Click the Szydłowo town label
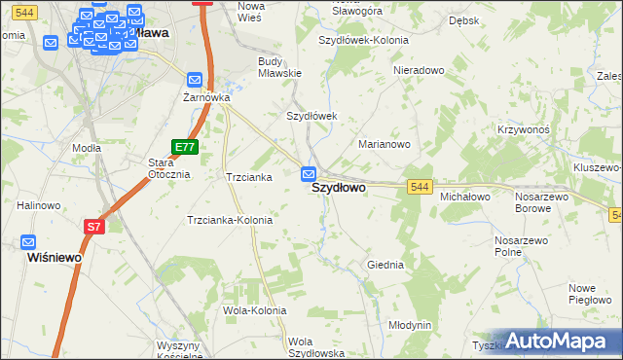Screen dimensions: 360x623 (339, 190)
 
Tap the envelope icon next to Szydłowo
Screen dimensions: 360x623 (309, 174)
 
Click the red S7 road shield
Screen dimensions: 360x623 (93, 227)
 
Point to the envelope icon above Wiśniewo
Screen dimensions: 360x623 (28, 242)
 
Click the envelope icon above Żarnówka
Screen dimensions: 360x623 (195, 80)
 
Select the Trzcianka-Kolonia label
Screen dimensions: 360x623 (230, 220)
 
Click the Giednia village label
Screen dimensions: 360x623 (385, 265)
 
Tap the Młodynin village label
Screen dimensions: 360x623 (410, 325)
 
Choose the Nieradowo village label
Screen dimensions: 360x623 (419, 71)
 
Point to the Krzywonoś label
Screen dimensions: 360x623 (526, 129)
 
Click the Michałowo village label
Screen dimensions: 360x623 (465, 197)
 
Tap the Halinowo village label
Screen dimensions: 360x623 (40, 205)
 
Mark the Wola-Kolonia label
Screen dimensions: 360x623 (255, 310)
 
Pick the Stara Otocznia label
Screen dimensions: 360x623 (167, 168)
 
